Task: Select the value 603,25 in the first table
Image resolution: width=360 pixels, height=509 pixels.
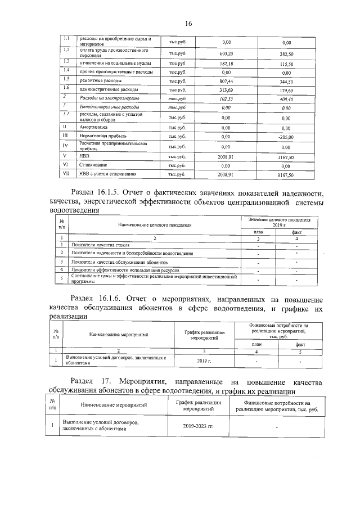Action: (x=227, y=53)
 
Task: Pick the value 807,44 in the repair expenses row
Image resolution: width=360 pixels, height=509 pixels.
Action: (x=227, y=81)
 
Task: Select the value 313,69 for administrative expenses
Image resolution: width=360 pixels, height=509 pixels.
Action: (x=227, y=89)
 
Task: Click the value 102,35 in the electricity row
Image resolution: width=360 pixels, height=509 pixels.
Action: (x=227, y=98)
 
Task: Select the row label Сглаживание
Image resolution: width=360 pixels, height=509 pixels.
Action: (x=94, y=165)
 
